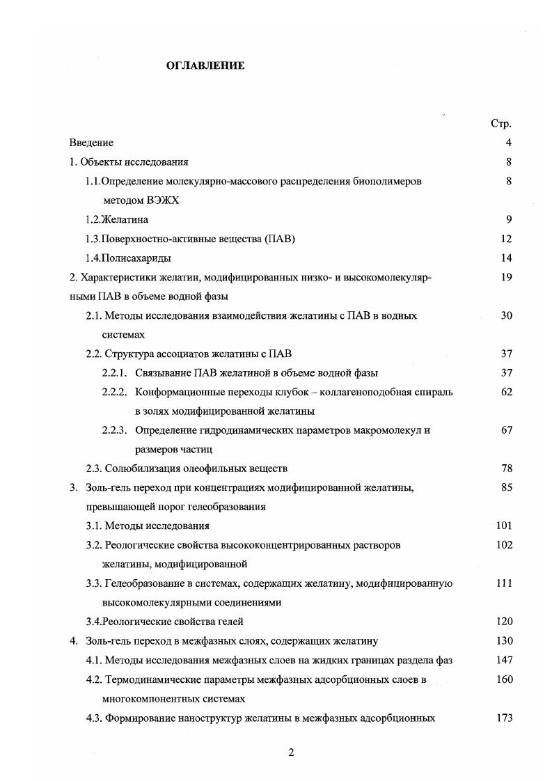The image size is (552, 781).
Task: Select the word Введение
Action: coord(91,143)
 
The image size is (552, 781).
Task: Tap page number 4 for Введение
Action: coord(509,143)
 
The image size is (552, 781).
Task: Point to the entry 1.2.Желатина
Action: coord(116,219)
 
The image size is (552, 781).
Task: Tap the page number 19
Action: coord(506,277)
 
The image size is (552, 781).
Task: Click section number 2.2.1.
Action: coord(114,372)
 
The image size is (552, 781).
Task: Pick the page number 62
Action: coord(506,392)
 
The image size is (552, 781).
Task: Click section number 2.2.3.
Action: coord(114,430)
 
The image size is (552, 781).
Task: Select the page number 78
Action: coord(506,468)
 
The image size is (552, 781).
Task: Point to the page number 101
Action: coord(504,526)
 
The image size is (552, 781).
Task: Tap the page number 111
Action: coord(504,583)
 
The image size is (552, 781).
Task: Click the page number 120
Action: coord(504,622)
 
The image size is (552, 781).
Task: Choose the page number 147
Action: coord(504,660)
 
